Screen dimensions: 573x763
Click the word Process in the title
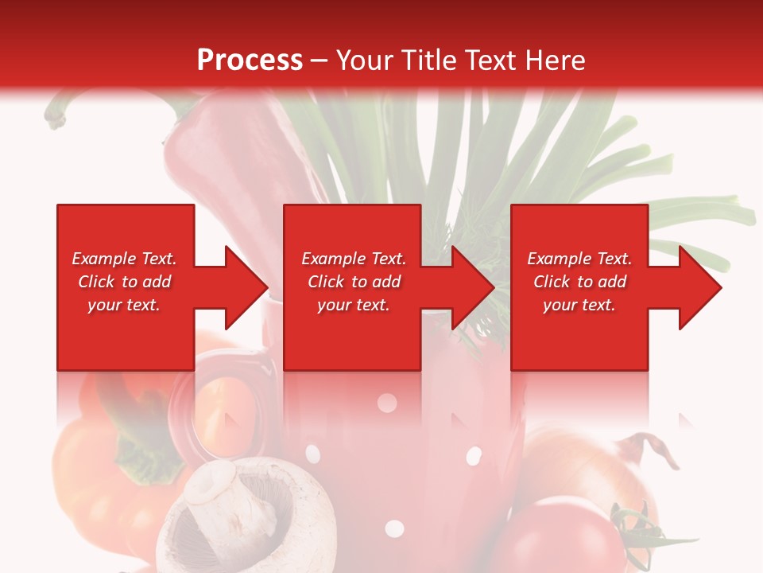[x=250, y=60]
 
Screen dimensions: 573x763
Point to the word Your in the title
[x=364, y=60]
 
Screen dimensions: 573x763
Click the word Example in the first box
[x=104, y=259]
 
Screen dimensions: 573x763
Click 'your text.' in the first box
[x=124, y=305]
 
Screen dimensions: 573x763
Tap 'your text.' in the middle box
[x=353, y=305]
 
